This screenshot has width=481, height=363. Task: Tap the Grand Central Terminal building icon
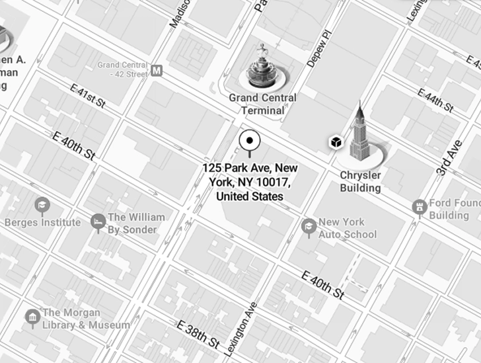pyautogui.click(x=263, y=68)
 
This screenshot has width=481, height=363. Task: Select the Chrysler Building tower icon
pyautogui.click(x=359, y=135)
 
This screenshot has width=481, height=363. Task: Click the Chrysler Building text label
pyautogui.click(x=360, y=182)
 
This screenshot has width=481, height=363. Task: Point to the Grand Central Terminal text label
pyautogui.click(x=262, y=104)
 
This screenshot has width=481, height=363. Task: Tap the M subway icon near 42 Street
pyautogui.click(x=157, y=70)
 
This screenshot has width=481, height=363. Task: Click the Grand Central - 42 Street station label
pyautogui.click(x=122, y=69)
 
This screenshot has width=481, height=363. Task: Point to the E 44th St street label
pyautogui.click(x=435, y=99)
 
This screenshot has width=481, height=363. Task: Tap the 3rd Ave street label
pyautogui.click(x=449, y=157)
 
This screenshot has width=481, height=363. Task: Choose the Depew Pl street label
pyautogui.click(x=317, y=48)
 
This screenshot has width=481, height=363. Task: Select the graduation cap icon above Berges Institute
pyautogui.click(x=42, y=205)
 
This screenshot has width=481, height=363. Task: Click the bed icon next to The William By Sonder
pyautogui.click(x=98, y=221)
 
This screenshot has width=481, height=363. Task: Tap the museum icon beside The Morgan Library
pyautogui.click(x=32, y=318)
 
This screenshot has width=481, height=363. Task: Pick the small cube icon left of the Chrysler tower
pyautogui.click(x=336, y=142)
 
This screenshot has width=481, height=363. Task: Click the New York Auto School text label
pyautogui.click(x=348, y=228)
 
